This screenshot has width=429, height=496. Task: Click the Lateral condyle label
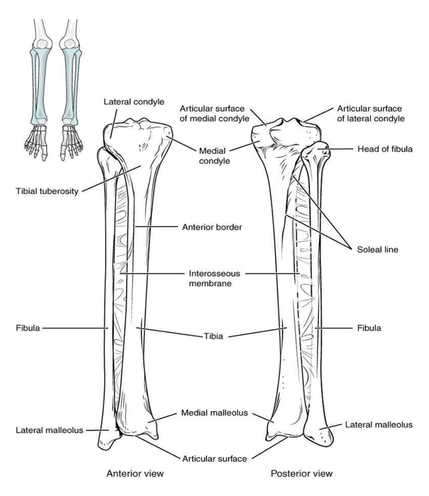click(x=134, y=102)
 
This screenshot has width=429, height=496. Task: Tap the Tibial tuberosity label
click(x=47, y=191)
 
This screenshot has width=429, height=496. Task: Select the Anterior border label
click(x=212, y=227)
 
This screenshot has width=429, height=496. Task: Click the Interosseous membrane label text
click(x=214, y=278)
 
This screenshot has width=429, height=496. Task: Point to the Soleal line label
click(x=378, y=249)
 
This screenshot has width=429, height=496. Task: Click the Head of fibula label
click(x=385, y=149)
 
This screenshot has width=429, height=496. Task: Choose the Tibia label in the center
click(x=213, y=336)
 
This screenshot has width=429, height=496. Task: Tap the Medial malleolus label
click(x=214, y=413)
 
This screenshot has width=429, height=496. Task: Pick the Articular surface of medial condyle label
click(x=214, y=114)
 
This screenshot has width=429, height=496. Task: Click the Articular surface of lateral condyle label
click(x=371, y=114)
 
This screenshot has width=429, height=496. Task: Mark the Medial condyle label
click(x=214, y=156)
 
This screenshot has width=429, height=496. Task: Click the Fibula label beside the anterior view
click(x=28, y=328)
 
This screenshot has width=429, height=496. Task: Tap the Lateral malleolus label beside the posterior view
click(x=379, y=425)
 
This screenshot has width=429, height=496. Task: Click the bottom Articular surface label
click(x=214, y=459)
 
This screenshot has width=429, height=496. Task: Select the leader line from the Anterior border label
click(x=156, y=227)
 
